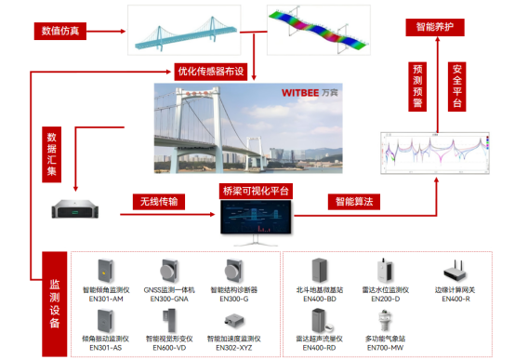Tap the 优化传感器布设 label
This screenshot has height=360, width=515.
pyautogui.click(x=211, y=70)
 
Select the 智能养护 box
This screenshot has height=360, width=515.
pyautogui.click(x=432, y=29)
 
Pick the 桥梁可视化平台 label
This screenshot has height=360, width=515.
pyautogui.click(x=256, y=191)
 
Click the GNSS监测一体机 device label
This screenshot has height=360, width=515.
pyautogui.click(x=167, y=290)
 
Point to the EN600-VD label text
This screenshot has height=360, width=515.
pyautogui.click(x=167, y=348)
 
